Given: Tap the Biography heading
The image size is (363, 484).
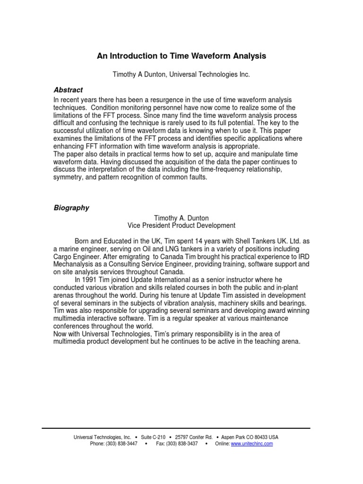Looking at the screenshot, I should tap(71, 207).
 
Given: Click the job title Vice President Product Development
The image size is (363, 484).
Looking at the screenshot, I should tap(181, 225).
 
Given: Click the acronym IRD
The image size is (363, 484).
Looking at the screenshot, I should tap(301, 256).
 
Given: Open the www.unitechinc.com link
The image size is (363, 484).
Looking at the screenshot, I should tap(251, 444).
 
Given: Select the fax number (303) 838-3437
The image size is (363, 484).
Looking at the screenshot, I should tap(182, 444).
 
